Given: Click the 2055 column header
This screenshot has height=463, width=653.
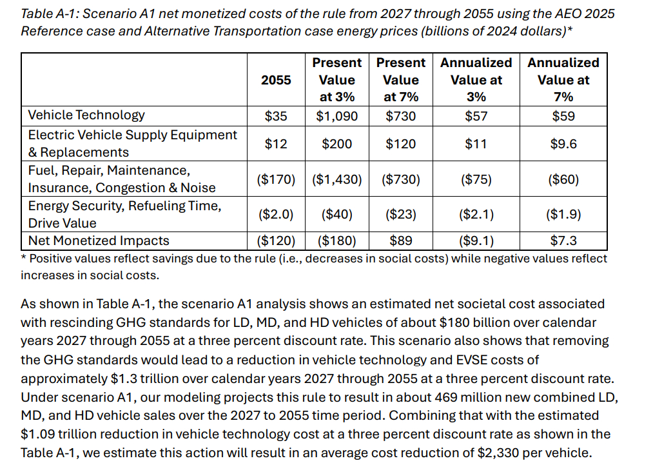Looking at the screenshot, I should click(276, 80).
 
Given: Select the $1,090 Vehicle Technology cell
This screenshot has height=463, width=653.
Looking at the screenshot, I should click(336, 116).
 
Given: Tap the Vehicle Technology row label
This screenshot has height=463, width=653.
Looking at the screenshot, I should click(86, 115).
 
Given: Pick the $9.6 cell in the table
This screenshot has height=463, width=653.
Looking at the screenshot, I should click(563, 144).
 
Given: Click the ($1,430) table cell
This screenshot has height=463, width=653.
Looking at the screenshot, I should click(336, 179).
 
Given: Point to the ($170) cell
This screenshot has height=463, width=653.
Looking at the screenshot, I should click(276, 179).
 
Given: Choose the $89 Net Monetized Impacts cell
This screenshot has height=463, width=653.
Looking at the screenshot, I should click(400, 241).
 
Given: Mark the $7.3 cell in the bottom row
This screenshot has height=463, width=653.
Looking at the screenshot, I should click(563, 241).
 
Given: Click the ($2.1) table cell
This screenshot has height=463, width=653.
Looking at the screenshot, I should click(476, 214).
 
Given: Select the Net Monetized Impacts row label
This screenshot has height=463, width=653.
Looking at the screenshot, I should click(99, 241).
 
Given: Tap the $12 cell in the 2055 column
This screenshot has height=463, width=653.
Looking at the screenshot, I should click(276, 144).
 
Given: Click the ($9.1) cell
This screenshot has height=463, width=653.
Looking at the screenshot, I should click(476, 241).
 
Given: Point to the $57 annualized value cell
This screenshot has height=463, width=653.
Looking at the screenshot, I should click(476, 116).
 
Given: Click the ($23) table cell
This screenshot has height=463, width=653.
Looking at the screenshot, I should click(400, 214).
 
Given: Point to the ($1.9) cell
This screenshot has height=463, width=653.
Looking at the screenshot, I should click(563, 214).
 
